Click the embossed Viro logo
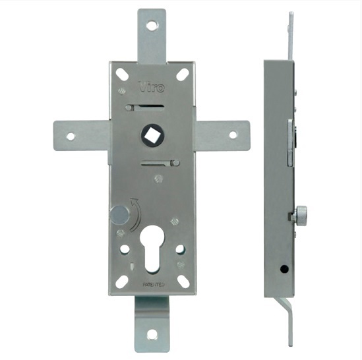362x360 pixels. point(151,87)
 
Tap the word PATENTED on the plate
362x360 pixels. point(154,285)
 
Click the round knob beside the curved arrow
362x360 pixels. point(119,215)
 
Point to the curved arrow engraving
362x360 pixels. point(135,215)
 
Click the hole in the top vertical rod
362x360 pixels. point(152,26)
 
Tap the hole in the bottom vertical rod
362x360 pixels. point(152,334)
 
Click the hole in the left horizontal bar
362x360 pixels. point(71,136)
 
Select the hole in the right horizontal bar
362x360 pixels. point(233,135)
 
